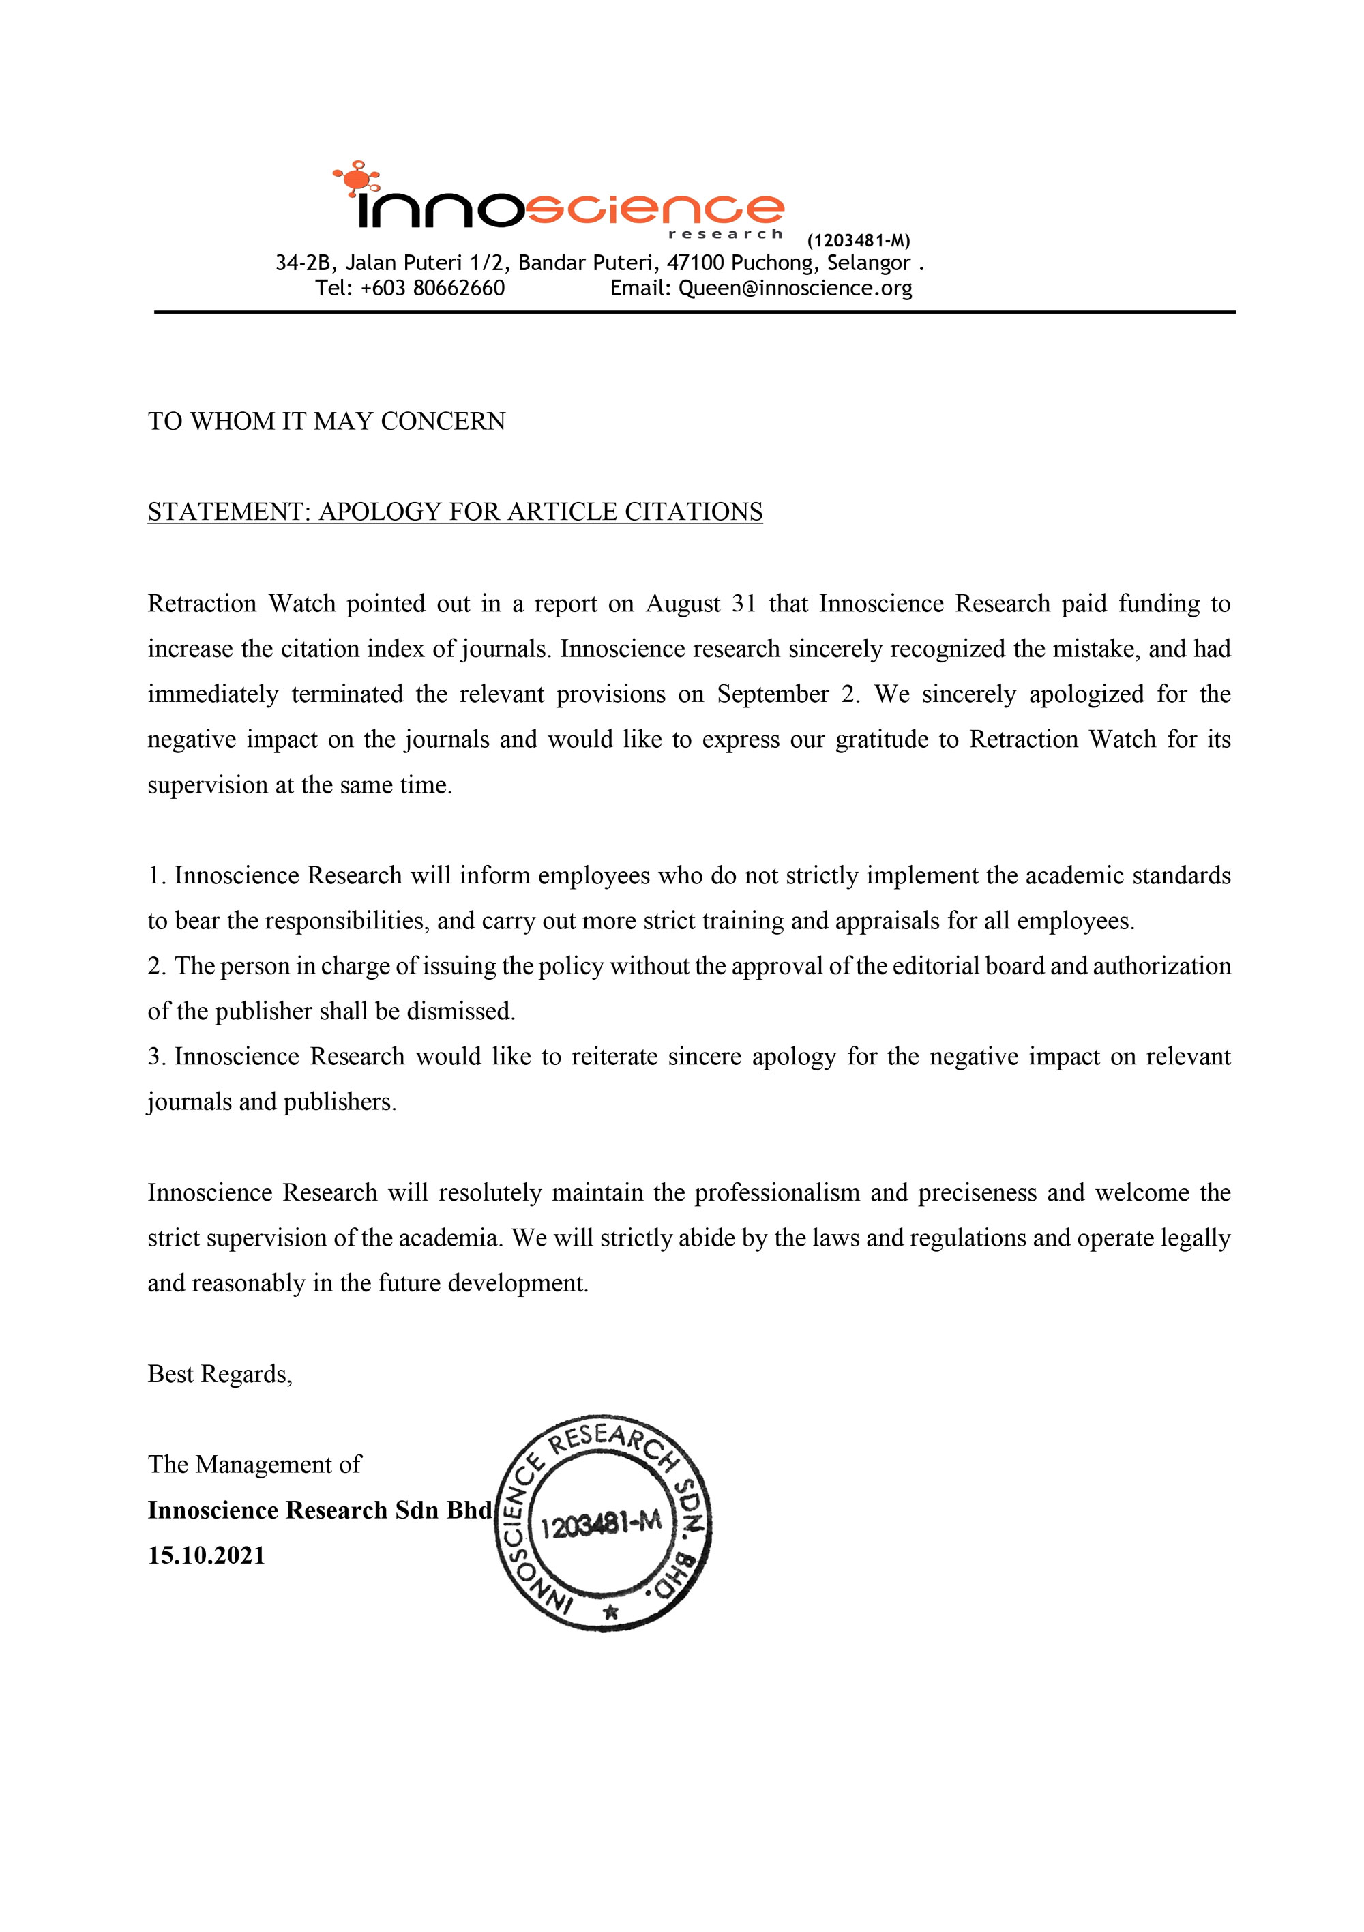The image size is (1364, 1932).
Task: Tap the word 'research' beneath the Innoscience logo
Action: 726,234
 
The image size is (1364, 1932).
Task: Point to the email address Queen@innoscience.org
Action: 795,289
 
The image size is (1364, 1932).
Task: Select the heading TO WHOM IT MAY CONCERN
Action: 327,421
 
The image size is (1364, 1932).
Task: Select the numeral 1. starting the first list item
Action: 158,876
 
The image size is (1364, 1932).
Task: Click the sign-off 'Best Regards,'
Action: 220,1374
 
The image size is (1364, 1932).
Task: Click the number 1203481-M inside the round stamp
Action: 601,1524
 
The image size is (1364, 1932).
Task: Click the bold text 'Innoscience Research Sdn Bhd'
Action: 320,1510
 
